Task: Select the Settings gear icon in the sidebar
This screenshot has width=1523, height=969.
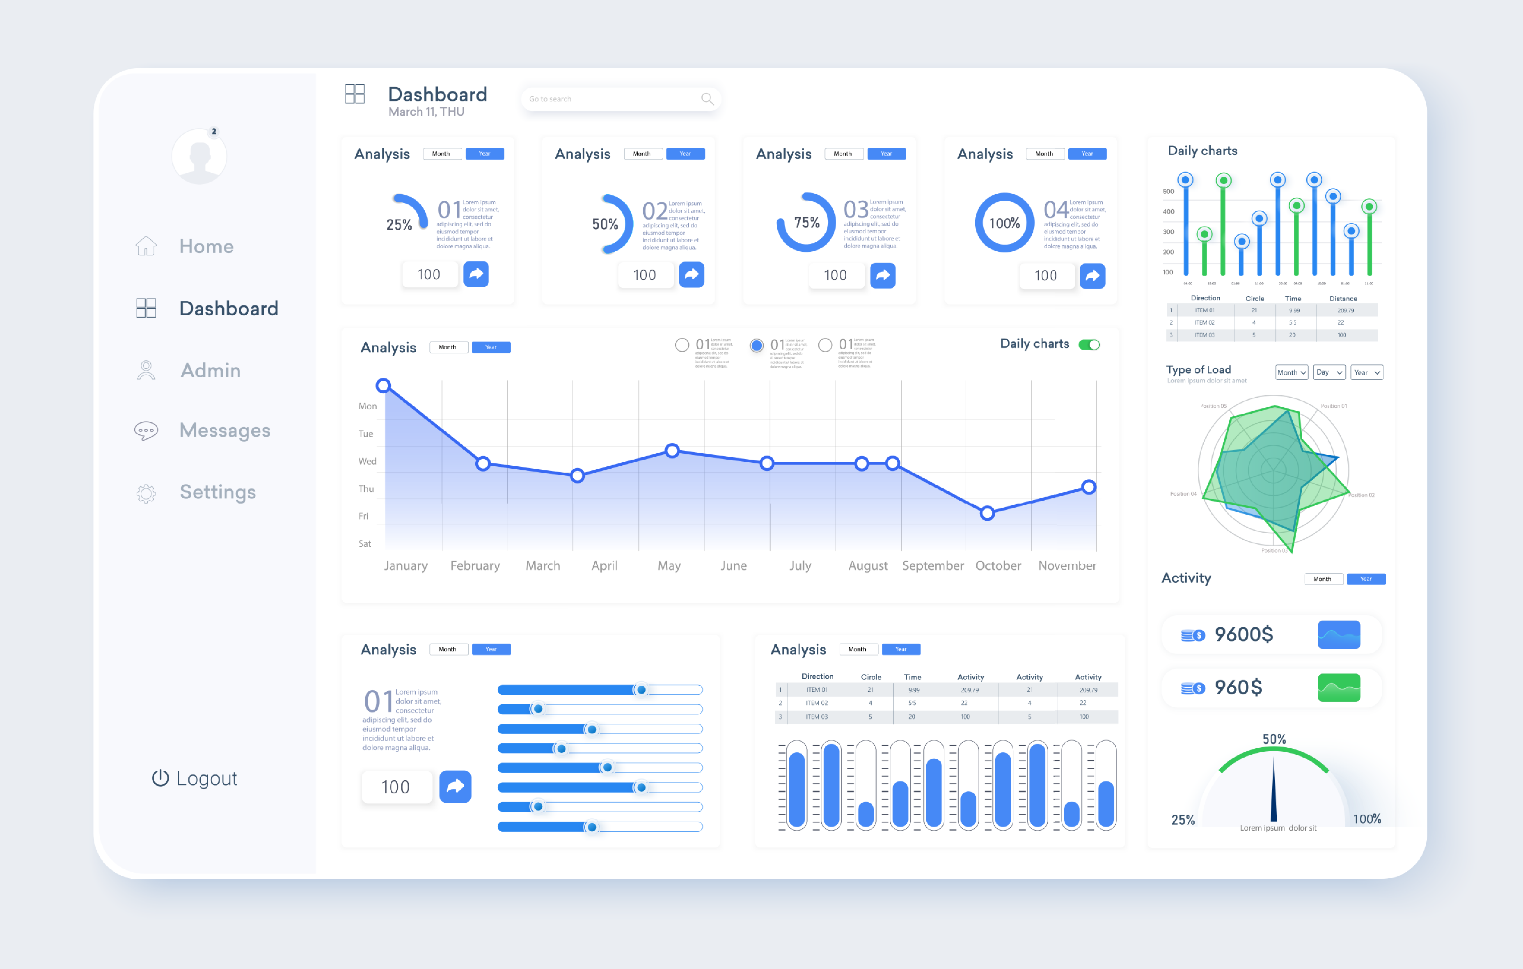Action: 146,493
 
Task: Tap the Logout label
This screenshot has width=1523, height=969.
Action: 206,778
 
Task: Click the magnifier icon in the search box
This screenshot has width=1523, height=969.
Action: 707,99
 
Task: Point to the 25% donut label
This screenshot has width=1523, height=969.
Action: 399,224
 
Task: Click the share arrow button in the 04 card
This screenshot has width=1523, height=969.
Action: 1092,276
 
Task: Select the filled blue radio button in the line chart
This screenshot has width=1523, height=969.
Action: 756,345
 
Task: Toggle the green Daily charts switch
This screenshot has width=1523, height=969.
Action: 1089,345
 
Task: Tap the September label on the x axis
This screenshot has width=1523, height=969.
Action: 933,566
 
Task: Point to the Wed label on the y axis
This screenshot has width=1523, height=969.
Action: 367,461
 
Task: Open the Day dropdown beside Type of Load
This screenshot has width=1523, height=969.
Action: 1329,373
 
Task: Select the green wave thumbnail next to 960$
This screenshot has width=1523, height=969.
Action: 1339,687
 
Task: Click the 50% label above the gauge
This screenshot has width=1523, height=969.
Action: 1274,739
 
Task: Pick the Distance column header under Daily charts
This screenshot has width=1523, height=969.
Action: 1343,298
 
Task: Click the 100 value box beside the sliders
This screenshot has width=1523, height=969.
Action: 396,787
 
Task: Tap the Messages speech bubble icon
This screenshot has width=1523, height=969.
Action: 146,431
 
